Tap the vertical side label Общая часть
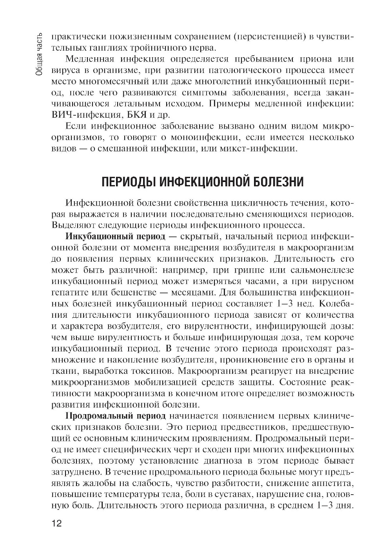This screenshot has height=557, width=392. click(x=39, y=53)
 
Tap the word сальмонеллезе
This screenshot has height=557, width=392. click(x=323, y=270)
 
